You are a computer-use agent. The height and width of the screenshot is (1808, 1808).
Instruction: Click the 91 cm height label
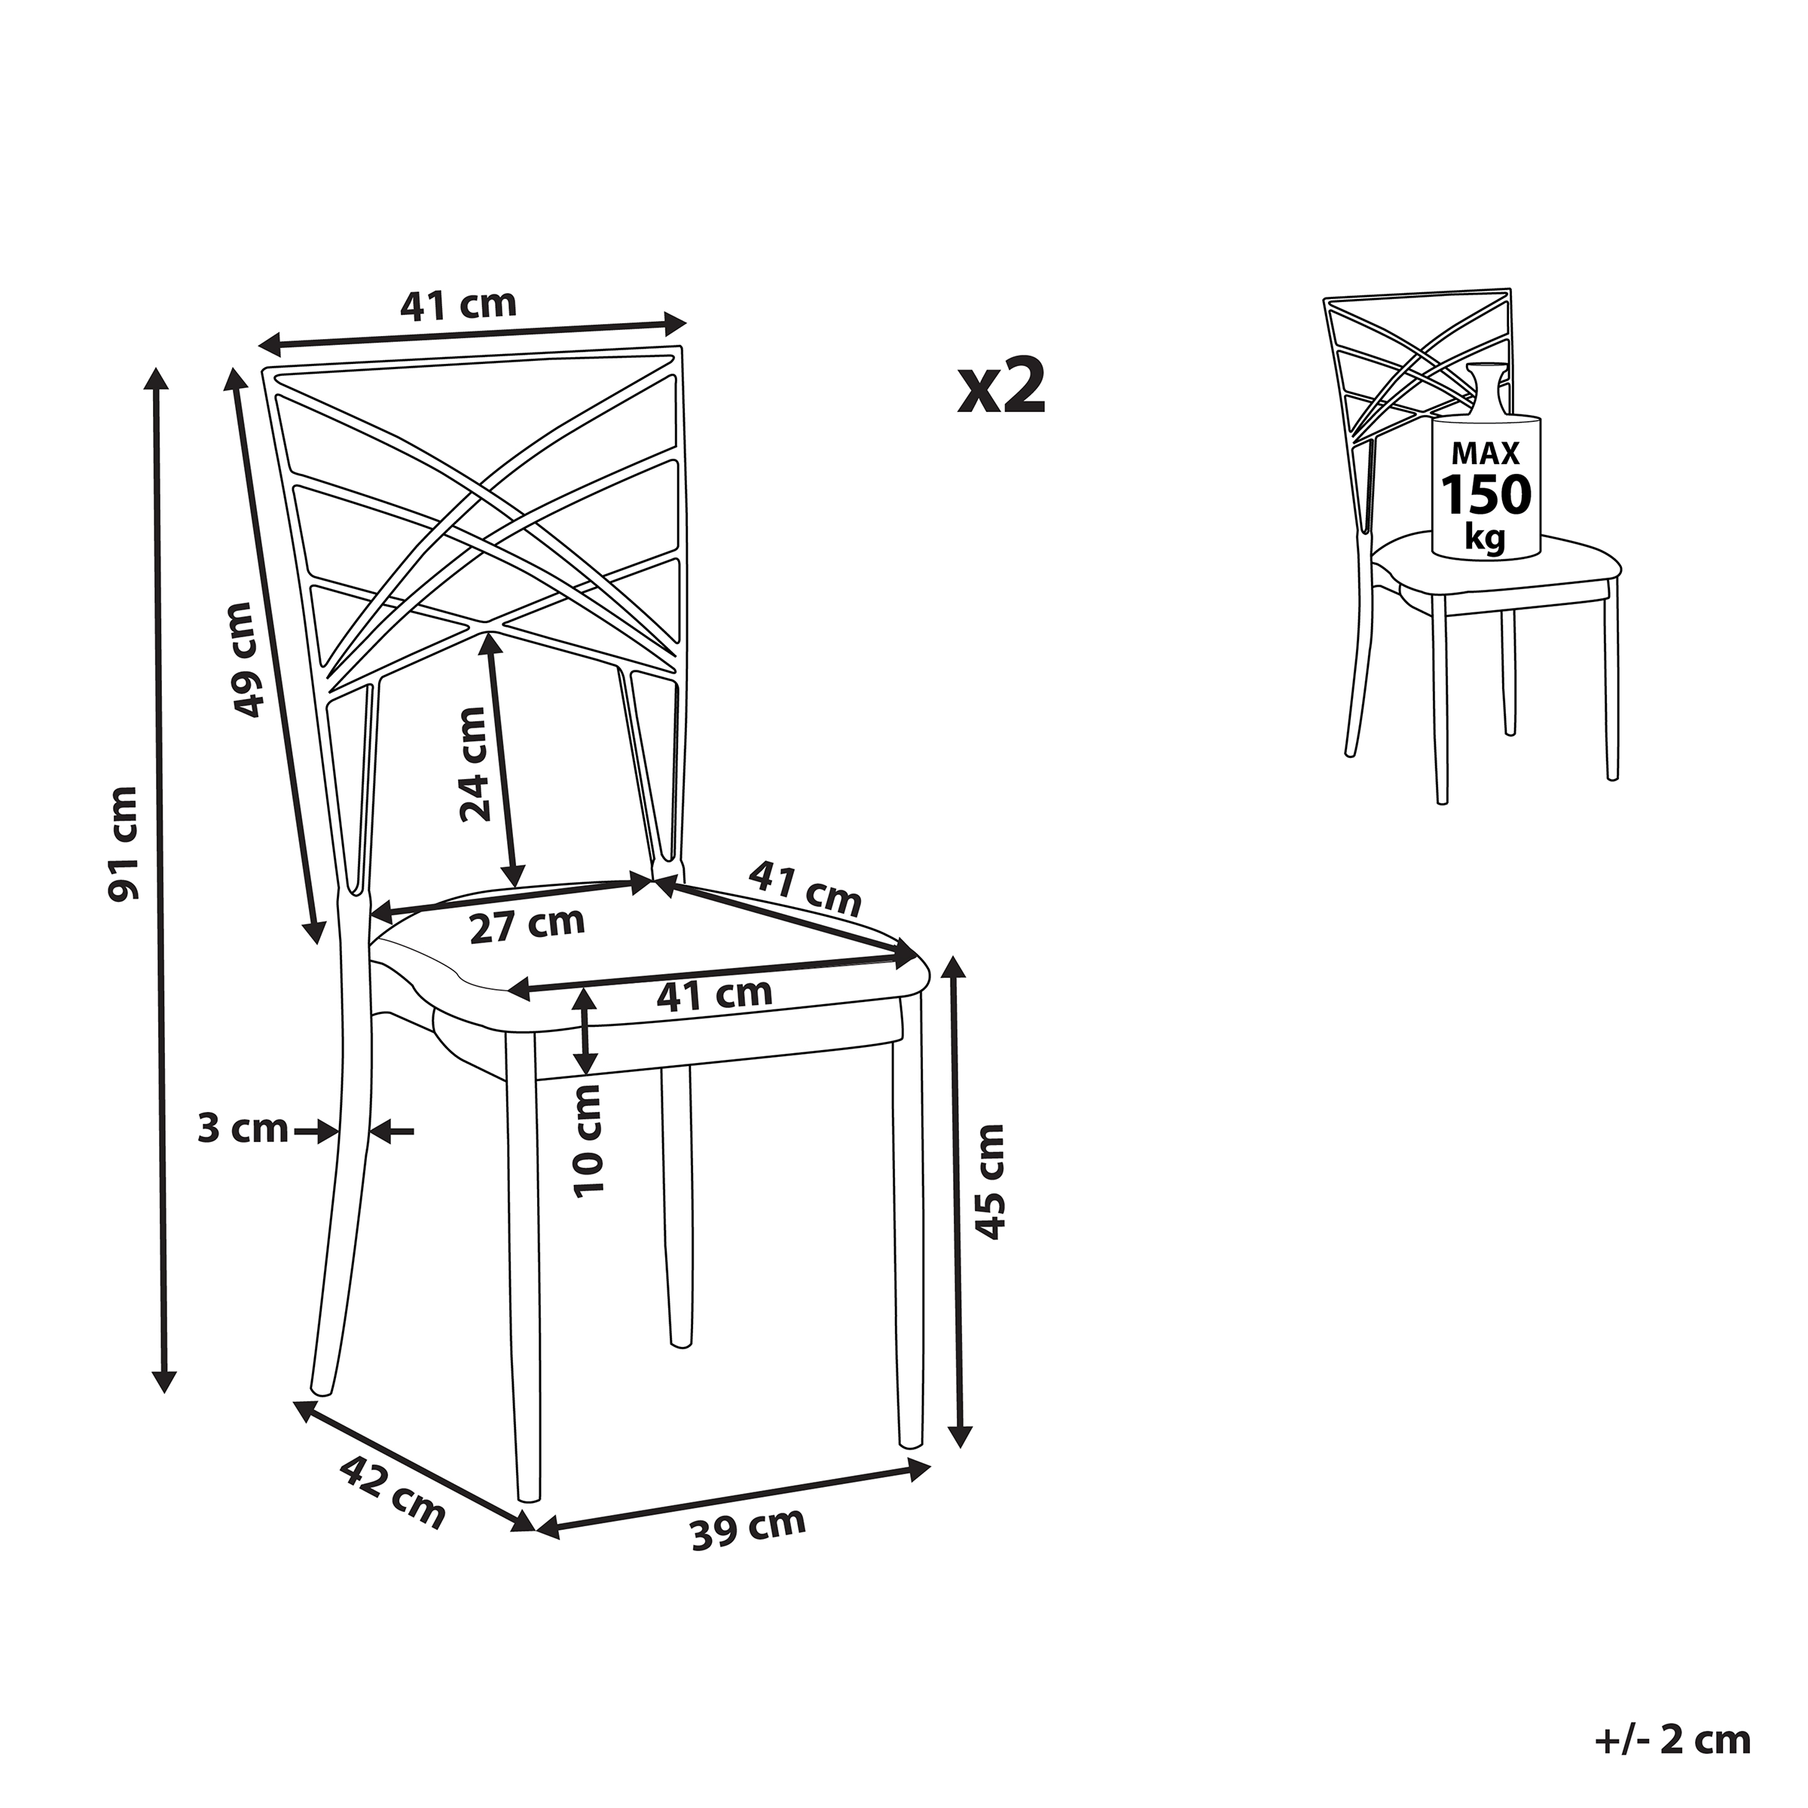(x=124, y=843)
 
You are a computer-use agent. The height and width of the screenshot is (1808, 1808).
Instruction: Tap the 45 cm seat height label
(x=989, y=1181)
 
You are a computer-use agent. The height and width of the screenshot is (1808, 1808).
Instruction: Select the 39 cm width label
(x=748, y=1529)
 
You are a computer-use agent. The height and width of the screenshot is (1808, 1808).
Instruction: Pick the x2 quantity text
(x=1000, y=389)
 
